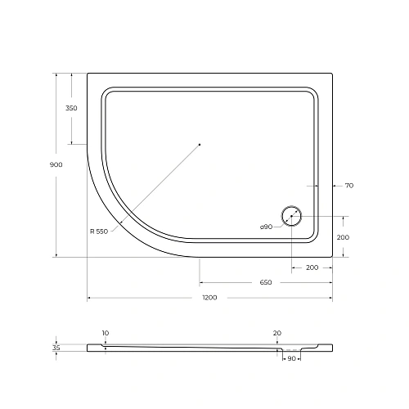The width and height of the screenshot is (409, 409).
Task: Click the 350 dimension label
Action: coord(71,108)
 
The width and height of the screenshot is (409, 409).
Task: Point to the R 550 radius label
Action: coord(99,231)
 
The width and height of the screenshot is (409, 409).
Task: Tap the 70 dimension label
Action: coord(348,187)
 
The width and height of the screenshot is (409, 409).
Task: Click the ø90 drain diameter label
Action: coord(267,226)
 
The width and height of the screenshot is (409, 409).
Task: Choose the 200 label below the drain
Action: coord(312,267)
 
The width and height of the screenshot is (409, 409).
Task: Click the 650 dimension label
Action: coord(265,282)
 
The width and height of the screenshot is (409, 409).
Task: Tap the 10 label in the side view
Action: coord(106,333)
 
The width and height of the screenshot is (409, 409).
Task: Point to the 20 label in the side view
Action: coord(277,333)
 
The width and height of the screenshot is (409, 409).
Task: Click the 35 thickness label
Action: coord(56,348)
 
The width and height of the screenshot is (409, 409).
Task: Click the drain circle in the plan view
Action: coord(291,217)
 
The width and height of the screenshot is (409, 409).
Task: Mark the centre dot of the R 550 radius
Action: coord(200,144)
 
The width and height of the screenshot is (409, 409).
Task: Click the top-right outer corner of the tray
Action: coord(331,74)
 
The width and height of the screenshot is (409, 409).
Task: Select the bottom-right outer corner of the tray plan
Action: coord(331,256)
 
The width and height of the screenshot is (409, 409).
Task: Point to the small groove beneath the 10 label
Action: coord(106,346)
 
